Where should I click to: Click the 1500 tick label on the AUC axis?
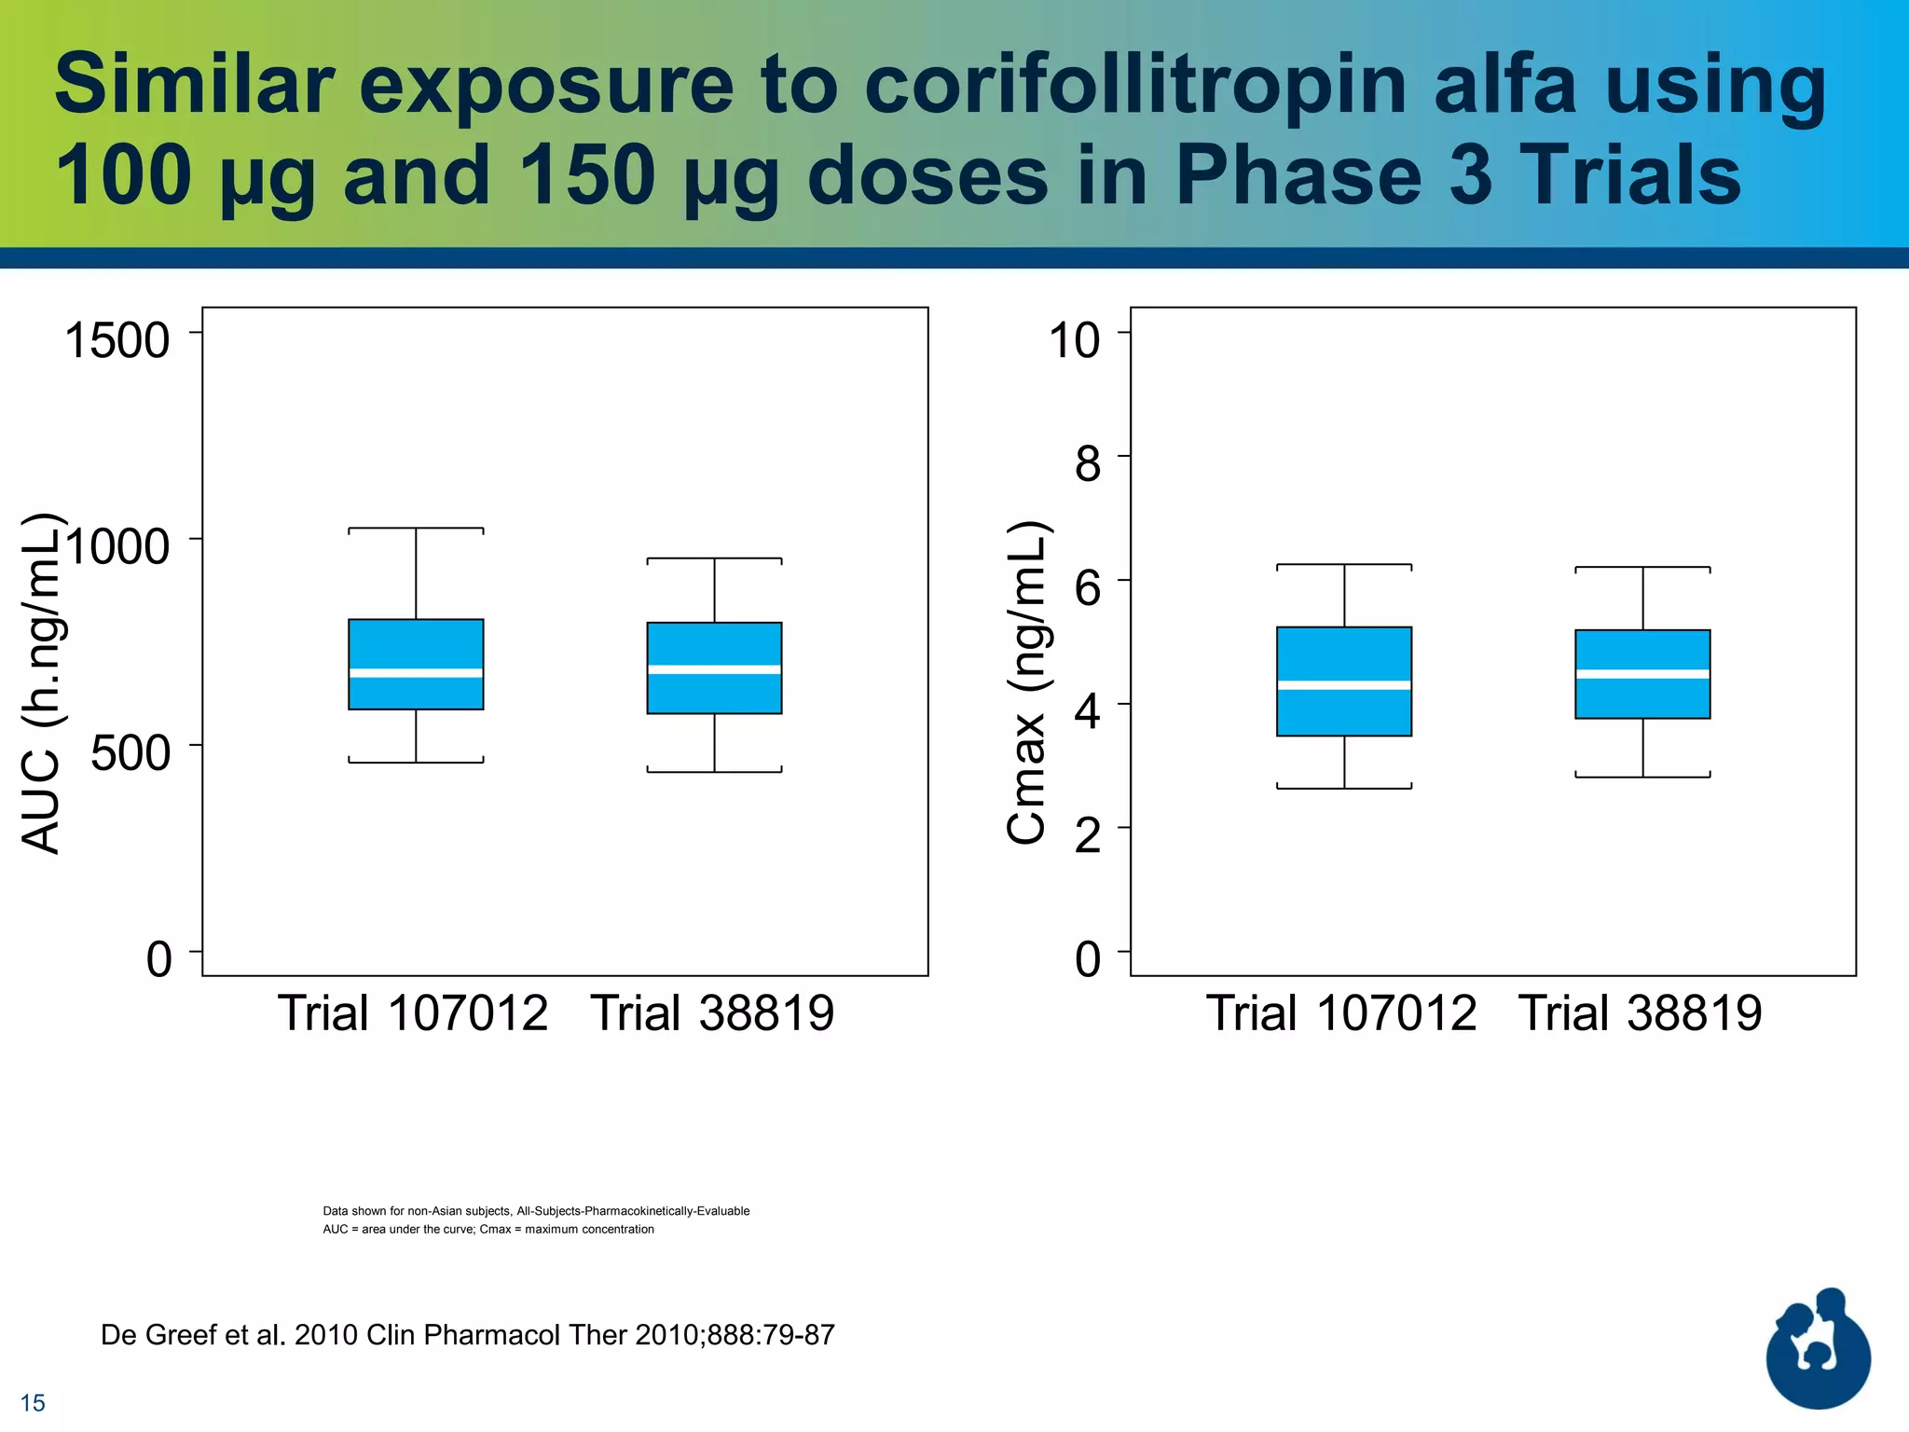[x=117, y=340]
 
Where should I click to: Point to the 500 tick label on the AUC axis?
[x=130, y=753]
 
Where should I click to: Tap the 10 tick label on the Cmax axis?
[x=1074, y=340]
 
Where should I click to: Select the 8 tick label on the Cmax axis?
[x=1087, y=463]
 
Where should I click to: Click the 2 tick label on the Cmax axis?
[x=1087, y=835]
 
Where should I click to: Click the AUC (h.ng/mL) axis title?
[x=42, y=682]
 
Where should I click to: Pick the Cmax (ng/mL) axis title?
[x=1027, y=682]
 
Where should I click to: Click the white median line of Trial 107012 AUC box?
[x=416, y=673]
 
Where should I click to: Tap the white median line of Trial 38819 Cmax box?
[x=1642, y=674]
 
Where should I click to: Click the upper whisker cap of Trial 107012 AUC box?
[x=416, y=529]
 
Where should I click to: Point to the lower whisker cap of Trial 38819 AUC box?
[x=714, y=771]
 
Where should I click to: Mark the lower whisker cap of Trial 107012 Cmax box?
[x=1344, y=788]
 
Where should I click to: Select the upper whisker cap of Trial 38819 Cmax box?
[x=1642, y=568]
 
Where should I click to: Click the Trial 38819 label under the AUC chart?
[x=712, y=1013]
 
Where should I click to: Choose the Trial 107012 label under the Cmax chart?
[x=1341, y=1013]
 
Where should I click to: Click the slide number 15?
[x=33, y=1402]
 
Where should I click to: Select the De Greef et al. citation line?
[x=467, y=1335]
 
